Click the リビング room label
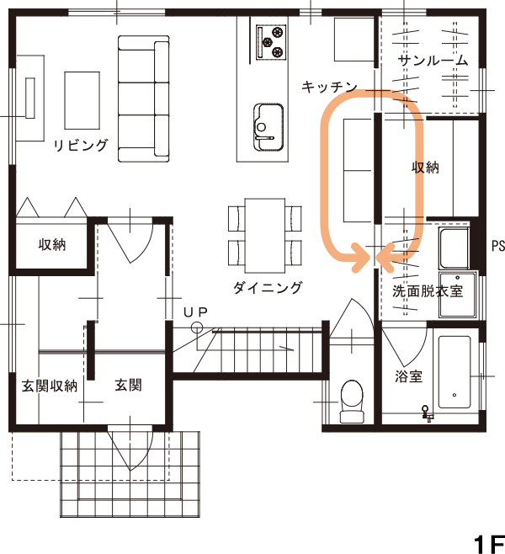pyautogui.click(x=81, y=145)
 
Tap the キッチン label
pyautogui.click(x=329, y=87)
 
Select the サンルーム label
pyautogui.click(x=433, y=61)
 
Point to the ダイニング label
pyautogui.click(x=268, y=288)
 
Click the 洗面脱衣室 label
pyautogui.click(x=428, y=290)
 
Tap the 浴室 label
pyautogui.click(x=408, y=376)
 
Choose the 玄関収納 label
pyautogui.click(x=50, y=386)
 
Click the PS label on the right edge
pyautogui.click(x=498, y=246)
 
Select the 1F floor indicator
pyautogui.click(x=489, y=545)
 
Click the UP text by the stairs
pyautogui.click(x=195, y=312)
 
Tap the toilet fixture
pyautogui.click(x=352, y=401)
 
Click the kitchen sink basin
pyautogui.click(x=268, y=127)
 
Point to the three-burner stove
pyautogui.click(x=271, y=42)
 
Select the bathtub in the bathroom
pyautogui.click(x=454, y=372)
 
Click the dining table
pyautogui.click(x=265, y=235)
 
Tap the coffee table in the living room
pyautogui.click(x=82, y=101)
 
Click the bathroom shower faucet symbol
pyautogui.click(x=427, y=413)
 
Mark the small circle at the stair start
pyautogui.click(x=197, y=328)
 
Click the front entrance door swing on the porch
pyautogui.click(x=130, y=448)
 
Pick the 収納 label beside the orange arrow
pyautogui.click(x=425, y=167)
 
